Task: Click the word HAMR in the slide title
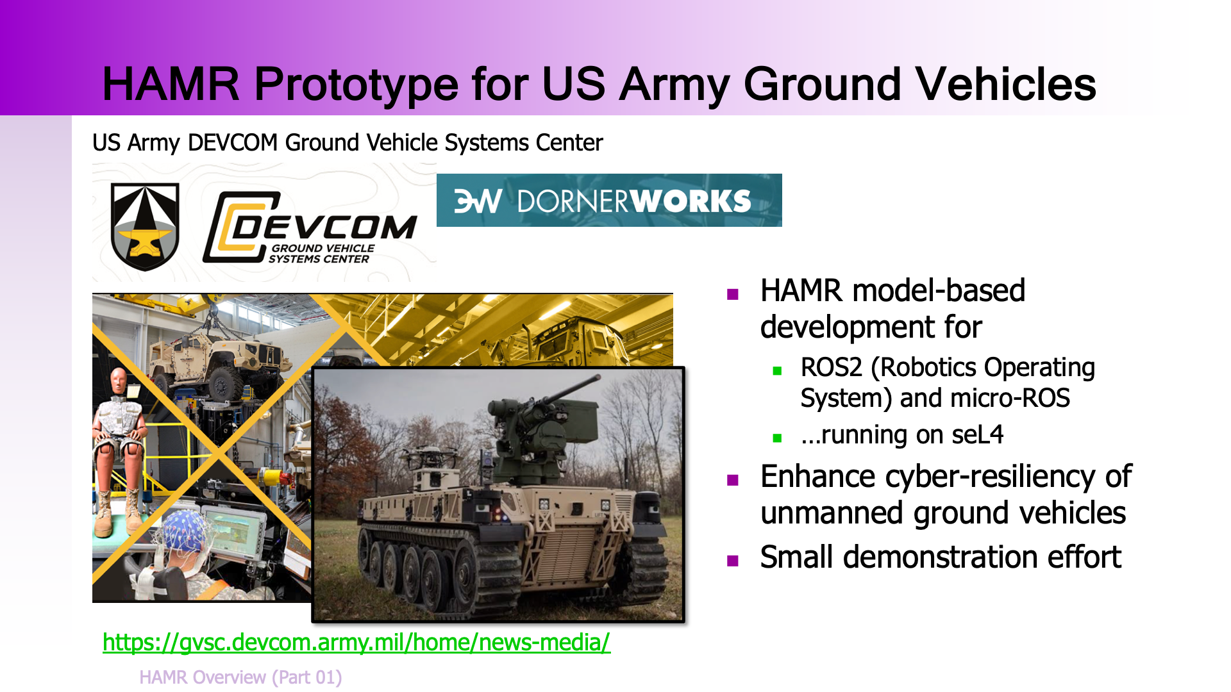(171, 84)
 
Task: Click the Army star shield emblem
(145, 226)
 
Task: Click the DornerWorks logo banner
(609, 200)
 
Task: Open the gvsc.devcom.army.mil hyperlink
(356, 642)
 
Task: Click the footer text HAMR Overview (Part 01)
(240, 677)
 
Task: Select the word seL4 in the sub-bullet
(977, 435)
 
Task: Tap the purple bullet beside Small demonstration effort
(733, 561)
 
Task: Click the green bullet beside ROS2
(777, 370)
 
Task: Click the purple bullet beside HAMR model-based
(733, 294)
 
